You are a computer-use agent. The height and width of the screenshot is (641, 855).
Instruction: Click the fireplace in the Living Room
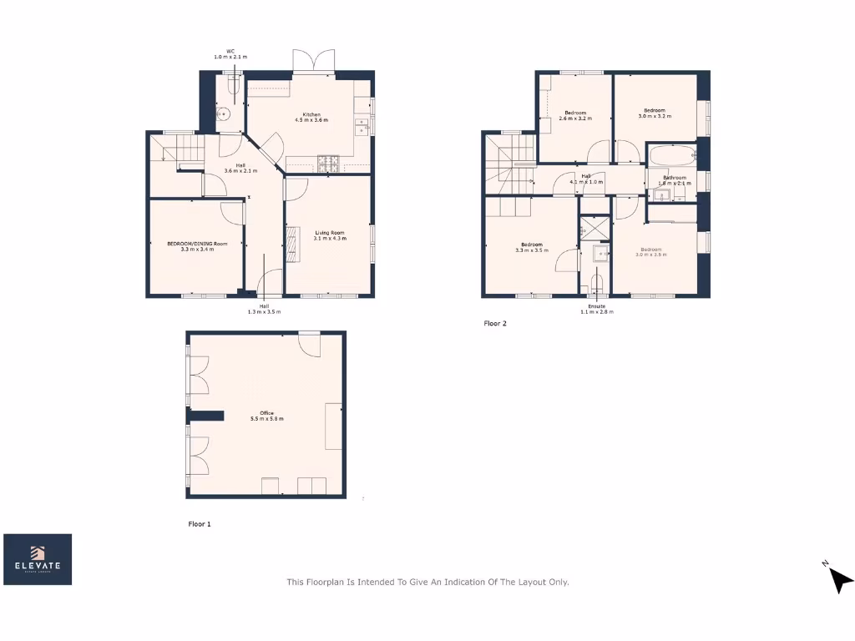click(x=291, y=246)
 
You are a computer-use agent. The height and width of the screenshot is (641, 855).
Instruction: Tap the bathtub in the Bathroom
click(x=670, y=156)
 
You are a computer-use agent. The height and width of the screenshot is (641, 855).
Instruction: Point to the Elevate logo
click(x=38, y=559)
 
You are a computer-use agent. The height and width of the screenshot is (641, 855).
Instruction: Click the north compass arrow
click(x=840, y=578)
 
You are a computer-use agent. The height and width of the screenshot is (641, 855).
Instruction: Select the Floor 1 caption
click(x=200, y=524)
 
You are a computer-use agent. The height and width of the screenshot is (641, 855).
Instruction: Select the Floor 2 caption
click(x=495, y=323)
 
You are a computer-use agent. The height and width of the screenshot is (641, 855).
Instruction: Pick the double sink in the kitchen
click(x=362, y=127)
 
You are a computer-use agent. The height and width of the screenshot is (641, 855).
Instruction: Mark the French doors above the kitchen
click(x=313, y=62)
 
